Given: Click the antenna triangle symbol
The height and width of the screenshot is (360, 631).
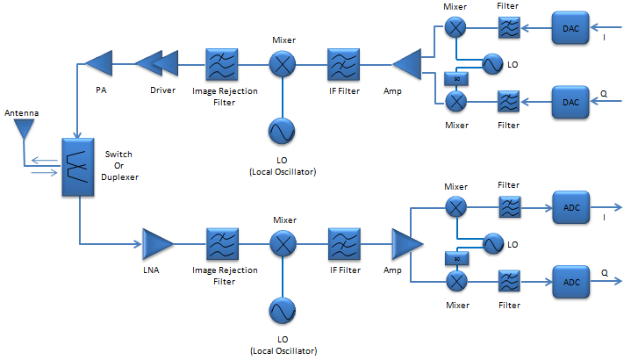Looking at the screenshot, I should click(23, 130).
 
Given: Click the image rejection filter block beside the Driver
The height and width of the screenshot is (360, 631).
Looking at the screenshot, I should click(222, 63).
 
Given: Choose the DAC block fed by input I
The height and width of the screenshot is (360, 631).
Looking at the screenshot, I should click(570, 29).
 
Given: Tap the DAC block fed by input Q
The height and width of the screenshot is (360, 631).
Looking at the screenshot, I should click(570, 102).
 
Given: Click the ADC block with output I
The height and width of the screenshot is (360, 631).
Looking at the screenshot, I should click(570, 208).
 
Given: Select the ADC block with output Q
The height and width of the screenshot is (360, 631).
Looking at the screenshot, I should click(570, 282).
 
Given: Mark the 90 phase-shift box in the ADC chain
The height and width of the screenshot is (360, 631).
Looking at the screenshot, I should click(455, 259).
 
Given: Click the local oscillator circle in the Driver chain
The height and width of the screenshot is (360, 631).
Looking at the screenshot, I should click(283, 131).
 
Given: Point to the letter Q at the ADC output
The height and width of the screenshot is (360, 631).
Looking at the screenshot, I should click(605, 273).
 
